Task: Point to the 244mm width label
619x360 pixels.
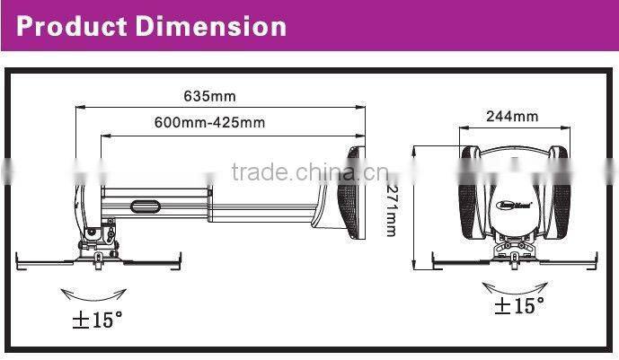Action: point(511,116)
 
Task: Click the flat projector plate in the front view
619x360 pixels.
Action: point(511,262)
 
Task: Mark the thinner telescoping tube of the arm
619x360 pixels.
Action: point(270,214)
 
